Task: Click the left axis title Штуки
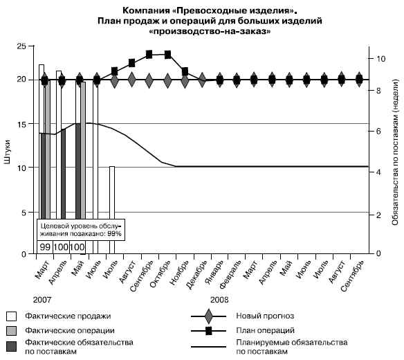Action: tap(8, 152)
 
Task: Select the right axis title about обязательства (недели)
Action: tap(395, 152)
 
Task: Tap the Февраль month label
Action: tap(231, 274)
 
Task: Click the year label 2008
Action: tap(219, 300)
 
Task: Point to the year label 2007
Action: tap(42, 300)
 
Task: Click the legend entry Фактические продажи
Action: tap(68, 316)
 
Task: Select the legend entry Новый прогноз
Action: tap(265, 316)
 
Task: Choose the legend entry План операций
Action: tap(265, 330)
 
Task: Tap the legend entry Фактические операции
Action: tap(70, 331)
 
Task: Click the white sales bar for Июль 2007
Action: tap(112, 210)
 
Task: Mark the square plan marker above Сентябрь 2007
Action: tap(149, 55)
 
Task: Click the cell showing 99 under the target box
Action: tap(45, 247)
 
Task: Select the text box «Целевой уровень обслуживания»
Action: tap(81, 230)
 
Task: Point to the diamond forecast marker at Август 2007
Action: tap(131, 80)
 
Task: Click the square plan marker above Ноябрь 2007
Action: tap(185, 71)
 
